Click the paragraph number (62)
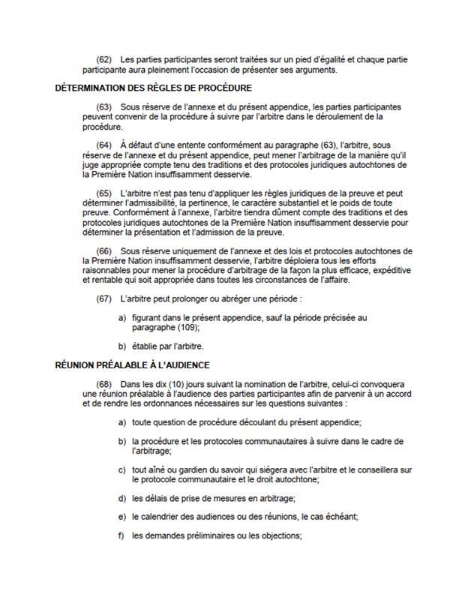(x=104, y=59)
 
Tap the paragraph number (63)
(x=104, y=107)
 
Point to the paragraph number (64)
(x=104, y=144)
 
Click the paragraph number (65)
(x=104, y=192)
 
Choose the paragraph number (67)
(x=104, y=298)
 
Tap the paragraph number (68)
(x=104, y=384)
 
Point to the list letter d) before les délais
(x=121, y=497)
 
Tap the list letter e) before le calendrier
(x=121, y=517)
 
